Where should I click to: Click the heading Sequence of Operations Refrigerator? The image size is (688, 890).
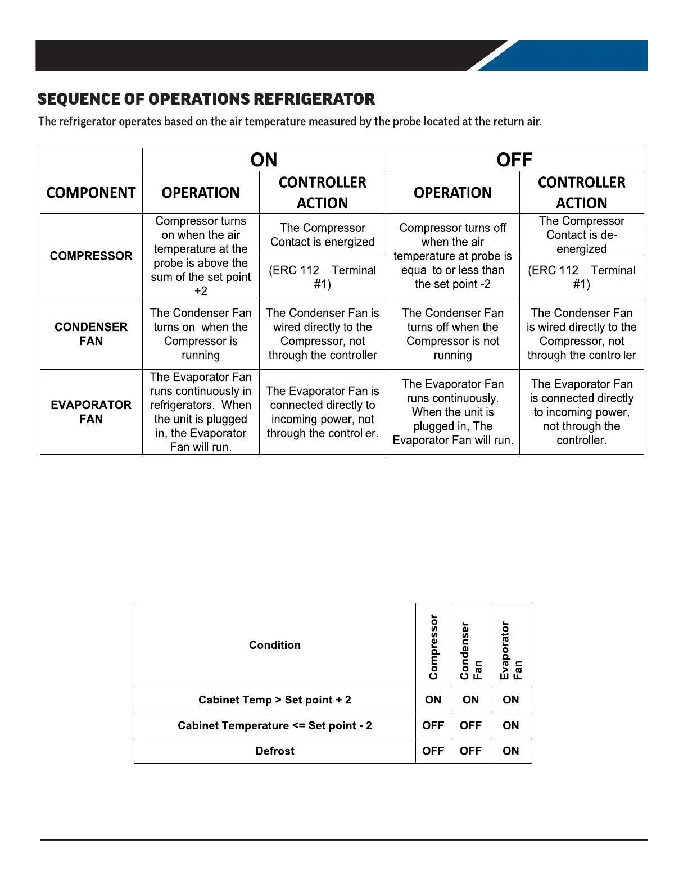coord(206,99)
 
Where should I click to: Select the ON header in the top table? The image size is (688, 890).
coord(264,160)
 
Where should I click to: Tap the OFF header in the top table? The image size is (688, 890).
coord(514,160)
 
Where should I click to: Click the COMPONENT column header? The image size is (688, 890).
coord(91,193)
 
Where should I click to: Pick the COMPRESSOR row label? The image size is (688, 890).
coord(91,256)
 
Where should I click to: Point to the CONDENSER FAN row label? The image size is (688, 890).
coord(91,334)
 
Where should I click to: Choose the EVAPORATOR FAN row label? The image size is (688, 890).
coord(91,412)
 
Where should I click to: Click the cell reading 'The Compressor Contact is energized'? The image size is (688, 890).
coord(322,235)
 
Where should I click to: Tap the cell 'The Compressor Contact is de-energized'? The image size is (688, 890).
coord(581,235)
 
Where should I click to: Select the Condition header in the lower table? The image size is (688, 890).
coord(275,645)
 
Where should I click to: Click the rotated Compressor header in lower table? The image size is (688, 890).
coord(433,647)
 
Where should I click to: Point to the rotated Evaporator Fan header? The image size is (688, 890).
coord(511,650)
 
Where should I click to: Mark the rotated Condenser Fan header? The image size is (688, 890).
coord(471,650)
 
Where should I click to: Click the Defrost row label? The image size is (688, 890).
coord(275,751)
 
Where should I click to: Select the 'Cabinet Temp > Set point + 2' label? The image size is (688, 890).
coord(275,700)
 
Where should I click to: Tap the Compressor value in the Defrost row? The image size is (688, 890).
coord(433,751)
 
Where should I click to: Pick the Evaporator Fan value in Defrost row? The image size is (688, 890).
coord(511,751)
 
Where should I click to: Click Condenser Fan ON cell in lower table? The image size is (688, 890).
coord(471,700)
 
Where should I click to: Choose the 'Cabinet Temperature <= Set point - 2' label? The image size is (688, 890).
coord(275,726)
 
